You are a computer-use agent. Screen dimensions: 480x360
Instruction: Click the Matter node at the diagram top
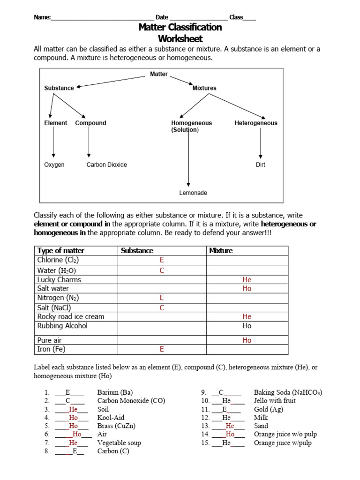(x=158, y=74)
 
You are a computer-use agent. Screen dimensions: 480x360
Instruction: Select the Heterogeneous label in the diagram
(x=255, y=123)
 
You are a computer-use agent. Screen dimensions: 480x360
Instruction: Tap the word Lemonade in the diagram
(x=193, y=193)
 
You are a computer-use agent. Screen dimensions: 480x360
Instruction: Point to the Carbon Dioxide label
(x=106, y=165)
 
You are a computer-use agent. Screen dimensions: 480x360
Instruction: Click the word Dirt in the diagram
(x=260, y=165)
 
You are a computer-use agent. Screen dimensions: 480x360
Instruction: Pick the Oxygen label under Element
(x=54, y=165)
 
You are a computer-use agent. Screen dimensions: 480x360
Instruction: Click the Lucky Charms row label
(x=59, y=280)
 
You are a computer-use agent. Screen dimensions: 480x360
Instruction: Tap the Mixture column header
(x=221, y=251)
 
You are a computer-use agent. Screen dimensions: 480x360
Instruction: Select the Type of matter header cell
(x=61, y=251)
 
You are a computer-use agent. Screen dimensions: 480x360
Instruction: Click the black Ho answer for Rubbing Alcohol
(x=247, y=326)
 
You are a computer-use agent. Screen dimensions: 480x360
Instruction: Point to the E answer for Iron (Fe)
(x=162, y=349)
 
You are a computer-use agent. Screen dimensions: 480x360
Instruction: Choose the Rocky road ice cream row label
(x=71, y=317)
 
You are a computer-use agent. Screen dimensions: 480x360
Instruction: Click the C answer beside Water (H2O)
(x=162, y=270)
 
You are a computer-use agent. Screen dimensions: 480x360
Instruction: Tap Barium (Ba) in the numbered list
(x=115, y=392)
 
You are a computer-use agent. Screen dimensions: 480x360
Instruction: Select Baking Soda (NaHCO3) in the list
(x=288, y=392)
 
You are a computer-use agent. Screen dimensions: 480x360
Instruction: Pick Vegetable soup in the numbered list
(x=119, y=443)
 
